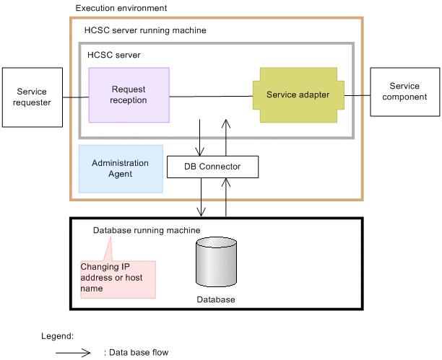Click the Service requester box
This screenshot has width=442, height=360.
(32, 97)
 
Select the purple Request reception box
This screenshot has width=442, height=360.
(129, 95)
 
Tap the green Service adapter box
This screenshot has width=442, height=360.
(298, 95)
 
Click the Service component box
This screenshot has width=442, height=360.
(404, 92)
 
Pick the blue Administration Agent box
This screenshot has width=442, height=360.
(121, 169)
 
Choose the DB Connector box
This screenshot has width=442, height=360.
(212, 167)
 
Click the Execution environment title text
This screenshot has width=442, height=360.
(121, 8)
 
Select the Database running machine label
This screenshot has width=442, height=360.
(147, 230)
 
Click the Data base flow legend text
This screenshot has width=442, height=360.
(136, 353)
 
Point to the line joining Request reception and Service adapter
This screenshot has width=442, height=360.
(210, 96)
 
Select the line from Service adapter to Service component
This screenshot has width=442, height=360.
(357, 95)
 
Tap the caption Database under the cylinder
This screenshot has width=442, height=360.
(216, 299)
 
